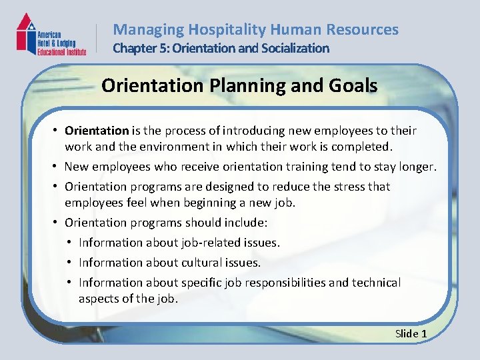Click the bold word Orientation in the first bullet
pos(97,131)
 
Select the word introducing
pos(254,131)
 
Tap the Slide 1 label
pos(411,333)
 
